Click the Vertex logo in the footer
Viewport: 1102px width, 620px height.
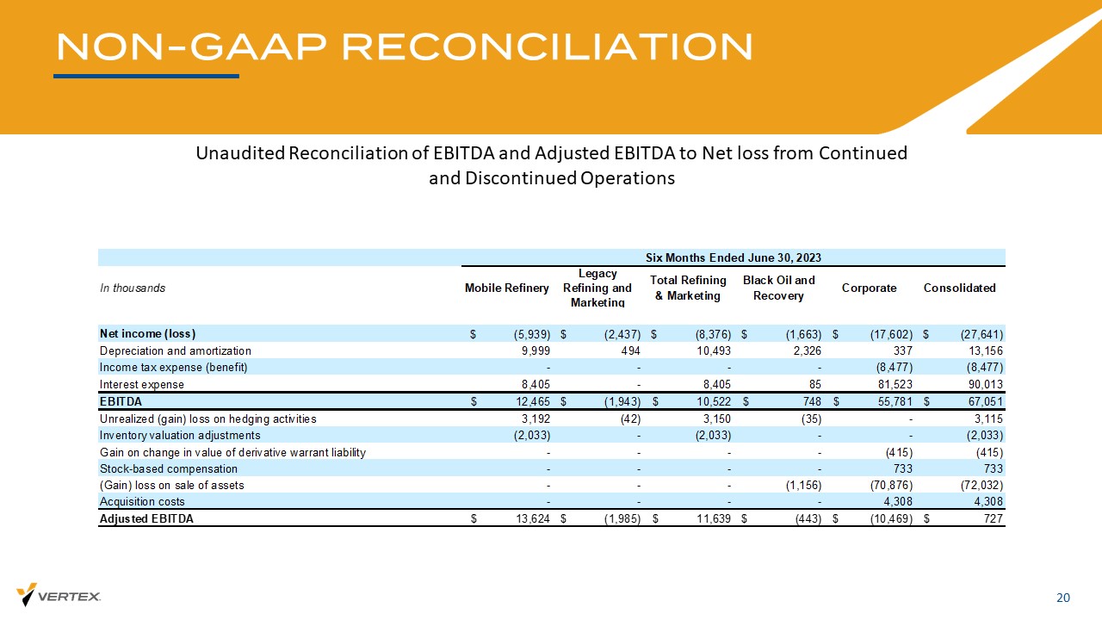coord(59,595)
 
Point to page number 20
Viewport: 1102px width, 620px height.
coord(1063,598)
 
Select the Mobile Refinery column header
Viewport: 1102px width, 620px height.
coord(506,288)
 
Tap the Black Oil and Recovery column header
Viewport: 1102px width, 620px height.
coord(778,288)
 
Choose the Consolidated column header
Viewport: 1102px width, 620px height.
coord(959,288)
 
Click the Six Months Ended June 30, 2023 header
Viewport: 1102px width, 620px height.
coord(734,257)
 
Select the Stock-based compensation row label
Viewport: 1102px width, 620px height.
coord(169,469)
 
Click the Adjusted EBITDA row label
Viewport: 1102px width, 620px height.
coord(146,519)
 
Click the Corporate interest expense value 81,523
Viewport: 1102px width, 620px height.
coord(892,385)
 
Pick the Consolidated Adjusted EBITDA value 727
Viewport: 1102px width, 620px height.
coord(993,519)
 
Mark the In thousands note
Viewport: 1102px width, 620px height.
coord(133,288)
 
